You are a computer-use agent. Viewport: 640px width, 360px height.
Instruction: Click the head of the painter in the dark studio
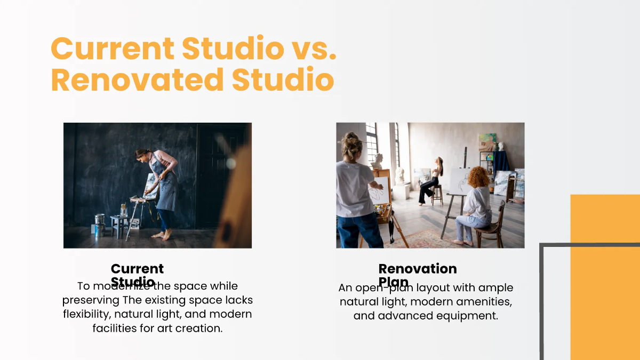pos(141,155)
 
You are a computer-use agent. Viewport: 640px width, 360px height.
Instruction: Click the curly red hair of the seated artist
pos(478,177)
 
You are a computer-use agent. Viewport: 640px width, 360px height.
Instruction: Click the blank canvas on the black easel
pos(459,181)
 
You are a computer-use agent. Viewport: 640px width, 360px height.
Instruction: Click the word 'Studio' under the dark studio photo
pos(133,282)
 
